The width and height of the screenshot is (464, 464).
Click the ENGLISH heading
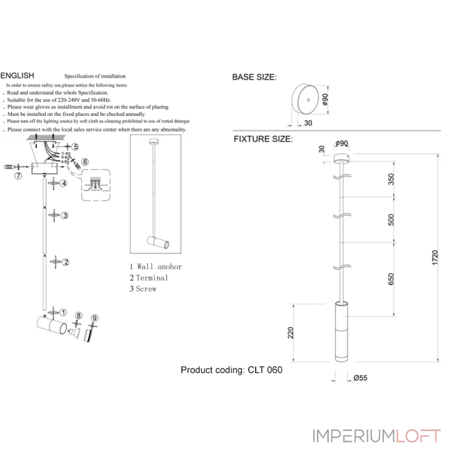pyautogui.click(x=17, y=75)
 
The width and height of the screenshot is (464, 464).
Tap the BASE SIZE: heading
pyautogui.click(x=255, y=77)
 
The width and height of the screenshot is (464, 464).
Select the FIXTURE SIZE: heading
pyautogui.click(x=263, y=139)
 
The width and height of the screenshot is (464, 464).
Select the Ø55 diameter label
pyautogui.click(x=360, y=378)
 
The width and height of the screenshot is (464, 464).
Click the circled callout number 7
pyautogui.click(x=18, y=176)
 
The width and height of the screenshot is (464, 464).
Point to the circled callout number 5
pyautogui.click(x=75, y=147)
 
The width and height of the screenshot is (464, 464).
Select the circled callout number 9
pyautogui.click(x=95, y=318)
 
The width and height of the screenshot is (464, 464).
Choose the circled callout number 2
pyautogui.click(x=66, y=262)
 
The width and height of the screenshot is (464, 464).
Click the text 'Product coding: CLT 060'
pyautogui.click(x=231, y=370)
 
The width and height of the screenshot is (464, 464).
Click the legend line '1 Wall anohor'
pyautogui.click(x=155, y=267)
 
